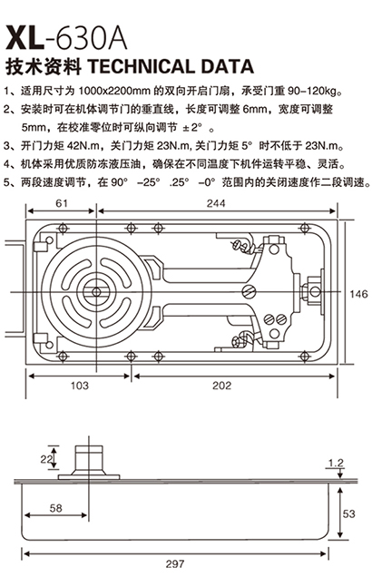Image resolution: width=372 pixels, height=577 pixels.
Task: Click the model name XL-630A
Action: [66, 37]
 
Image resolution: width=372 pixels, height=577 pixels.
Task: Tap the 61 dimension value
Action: [61, 203]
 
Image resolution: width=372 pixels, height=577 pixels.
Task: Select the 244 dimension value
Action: [216, 203]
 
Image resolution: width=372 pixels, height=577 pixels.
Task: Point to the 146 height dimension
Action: [358, 294]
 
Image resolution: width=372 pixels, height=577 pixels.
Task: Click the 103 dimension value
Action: [79, 386]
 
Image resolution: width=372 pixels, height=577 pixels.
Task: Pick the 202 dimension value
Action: [222, 386]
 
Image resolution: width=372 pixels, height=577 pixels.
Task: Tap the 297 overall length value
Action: [175, 563]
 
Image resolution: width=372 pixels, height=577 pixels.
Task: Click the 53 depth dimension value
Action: [348, 513]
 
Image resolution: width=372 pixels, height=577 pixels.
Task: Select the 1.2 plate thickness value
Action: [336, 463]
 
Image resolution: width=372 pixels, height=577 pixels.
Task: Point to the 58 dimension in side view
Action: [56, 508]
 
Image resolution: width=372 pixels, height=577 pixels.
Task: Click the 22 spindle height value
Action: [45, 458]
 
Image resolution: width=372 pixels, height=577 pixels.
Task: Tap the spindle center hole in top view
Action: [96, 292]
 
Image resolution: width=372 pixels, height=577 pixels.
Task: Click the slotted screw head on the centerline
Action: [250, 291]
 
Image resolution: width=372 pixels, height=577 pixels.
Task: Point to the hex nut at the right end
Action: [312, 292]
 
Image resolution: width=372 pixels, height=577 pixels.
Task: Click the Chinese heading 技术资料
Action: [44, 67]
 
